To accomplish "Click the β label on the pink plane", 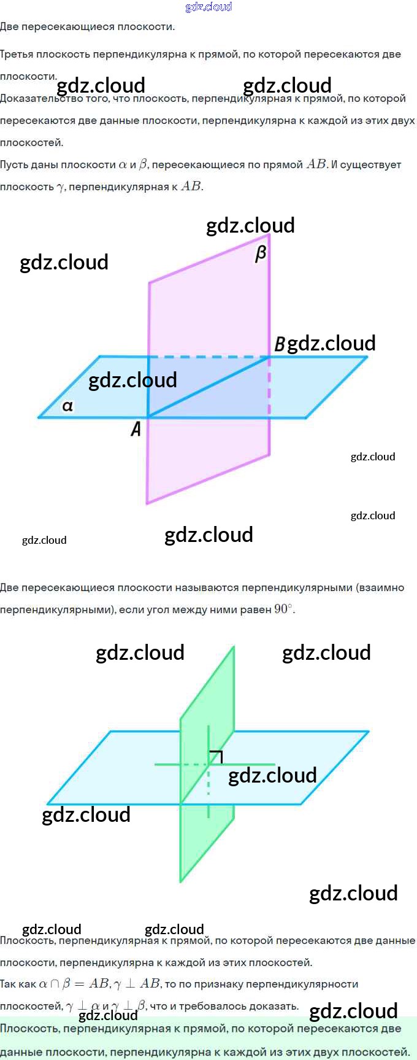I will pyautogui.click(x=261, y=253).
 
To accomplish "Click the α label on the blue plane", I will pyautogui.click(x=67, y=406).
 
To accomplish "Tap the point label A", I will pyautogui.click(x=136, y=428).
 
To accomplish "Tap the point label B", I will pyautogui.click(x=279, y=344).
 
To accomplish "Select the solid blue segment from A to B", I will pyautogui.click(x=208, y=387).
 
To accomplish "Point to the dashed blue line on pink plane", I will pyautogui.click(x=208, y=357).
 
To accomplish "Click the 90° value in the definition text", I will pyautogui.click(x=283, y=609).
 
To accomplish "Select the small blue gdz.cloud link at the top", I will pyautogui.click(x=208, y=7).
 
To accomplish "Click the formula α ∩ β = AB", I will pyautogui.click(x=74, y=984).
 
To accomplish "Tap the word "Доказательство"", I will pyautogui.click(x=37, y=98).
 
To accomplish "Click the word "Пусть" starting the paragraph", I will pyautogui.click(x=13, y=164).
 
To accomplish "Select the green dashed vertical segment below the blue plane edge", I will pyautogui.click(x=208, y=784).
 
